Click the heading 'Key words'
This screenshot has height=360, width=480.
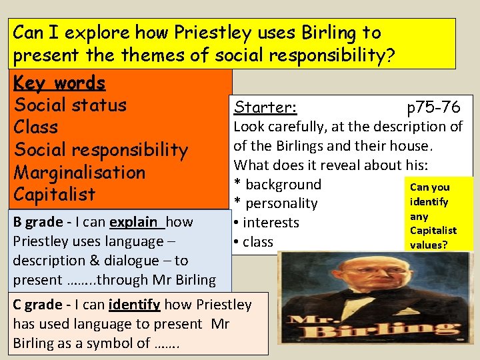point(59,83)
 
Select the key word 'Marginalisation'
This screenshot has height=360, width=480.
point(79,173)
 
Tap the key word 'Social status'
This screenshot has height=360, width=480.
point(70,105)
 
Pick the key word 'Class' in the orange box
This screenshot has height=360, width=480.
point(36,127)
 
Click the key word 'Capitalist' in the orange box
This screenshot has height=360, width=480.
point(55,195)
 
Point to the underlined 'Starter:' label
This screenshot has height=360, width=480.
point(264,107)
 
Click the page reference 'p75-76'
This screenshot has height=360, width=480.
point(433,107)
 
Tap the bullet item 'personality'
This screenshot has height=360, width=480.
point(280,203)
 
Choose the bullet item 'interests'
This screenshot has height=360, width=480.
point(271,223)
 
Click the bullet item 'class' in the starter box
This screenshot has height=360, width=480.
point(258,242)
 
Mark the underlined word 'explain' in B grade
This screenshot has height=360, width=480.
point(134,222)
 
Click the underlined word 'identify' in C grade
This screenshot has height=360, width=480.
point(133,305)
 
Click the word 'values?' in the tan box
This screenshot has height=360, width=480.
point(429,245)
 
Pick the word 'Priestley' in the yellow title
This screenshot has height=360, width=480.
point(172,33)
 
